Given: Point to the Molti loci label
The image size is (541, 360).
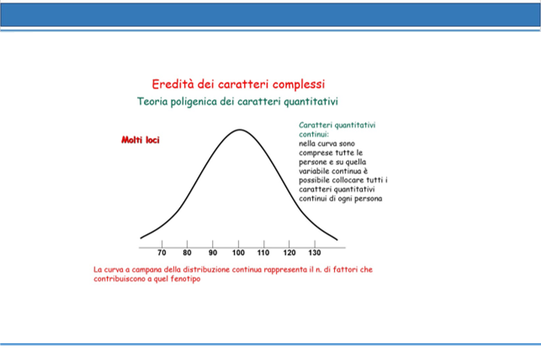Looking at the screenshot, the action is click(x=141, y=140).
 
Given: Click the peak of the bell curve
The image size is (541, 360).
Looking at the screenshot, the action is click(x=240, y=130).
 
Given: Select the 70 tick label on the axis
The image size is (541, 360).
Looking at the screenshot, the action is click(x=162, y=253).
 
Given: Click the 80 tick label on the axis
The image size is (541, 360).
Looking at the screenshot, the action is click(x=187, y=253).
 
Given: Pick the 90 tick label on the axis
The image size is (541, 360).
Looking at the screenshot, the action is click(x=213, y=253).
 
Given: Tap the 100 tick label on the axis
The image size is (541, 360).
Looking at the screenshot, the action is click(x=238, y=253).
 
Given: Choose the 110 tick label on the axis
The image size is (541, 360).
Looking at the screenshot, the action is click(x=263, y=253).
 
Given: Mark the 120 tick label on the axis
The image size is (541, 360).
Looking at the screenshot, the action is click(x=289, y=253).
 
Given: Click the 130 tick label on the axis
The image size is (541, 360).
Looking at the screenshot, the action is click(x=315, y=253).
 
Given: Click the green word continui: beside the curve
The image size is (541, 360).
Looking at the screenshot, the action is click(x=314, y=135).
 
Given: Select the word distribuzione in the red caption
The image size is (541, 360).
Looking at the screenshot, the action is click(x=206, y=270).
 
